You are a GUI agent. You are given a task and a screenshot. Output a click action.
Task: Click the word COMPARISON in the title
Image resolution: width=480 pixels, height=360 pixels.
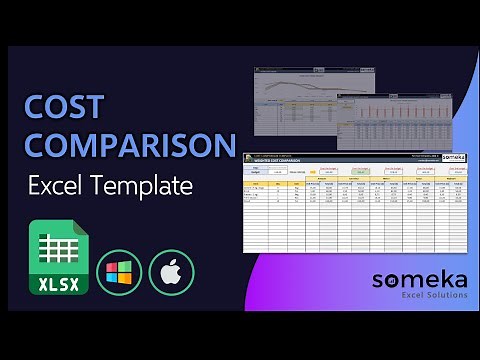point(130,145)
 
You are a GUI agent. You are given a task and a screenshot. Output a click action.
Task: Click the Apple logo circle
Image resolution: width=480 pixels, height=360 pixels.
point(171,272)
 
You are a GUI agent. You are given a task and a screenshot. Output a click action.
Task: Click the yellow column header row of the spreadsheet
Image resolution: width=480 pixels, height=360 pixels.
point(350,186)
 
